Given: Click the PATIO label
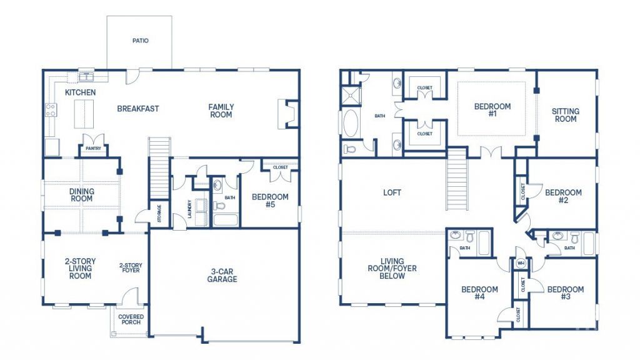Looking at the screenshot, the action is (x=141, y=41).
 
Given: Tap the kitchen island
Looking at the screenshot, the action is (x=84, y=114).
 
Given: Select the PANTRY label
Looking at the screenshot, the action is (x=94, y=148).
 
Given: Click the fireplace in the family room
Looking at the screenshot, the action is (x=288, y=114).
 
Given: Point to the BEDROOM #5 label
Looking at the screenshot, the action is (x=270, y=201).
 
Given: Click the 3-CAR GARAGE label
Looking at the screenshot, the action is (x=222, y=276).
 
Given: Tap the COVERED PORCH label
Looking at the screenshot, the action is (x=131, y=319).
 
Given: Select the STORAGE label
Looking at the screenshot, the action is (x=159, y=213).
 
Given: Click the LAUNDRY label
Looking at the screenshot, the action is (x=190, y=209).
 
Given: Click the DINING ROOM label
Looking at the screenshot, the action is (x=82, y=195).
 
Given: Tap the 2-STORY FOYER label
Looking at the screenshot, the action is (x=131, y=267).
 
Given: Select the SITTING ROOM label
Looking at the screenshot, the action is (x=565, y=115).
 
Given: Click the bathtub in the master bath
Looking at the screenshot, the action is (x=351, y=122).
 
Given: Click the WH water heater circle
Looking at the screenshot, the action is (x=521, y=263).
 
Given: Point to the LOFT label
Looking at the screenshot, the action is (x=392, y=192).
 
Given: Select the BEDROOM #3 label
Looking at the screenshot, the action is (x=565, y=293).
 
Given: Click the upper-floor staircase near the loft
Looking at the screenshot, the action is (x=457, y=179).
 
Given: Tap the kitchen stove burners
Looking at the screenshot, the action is (x=51, y=110).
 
